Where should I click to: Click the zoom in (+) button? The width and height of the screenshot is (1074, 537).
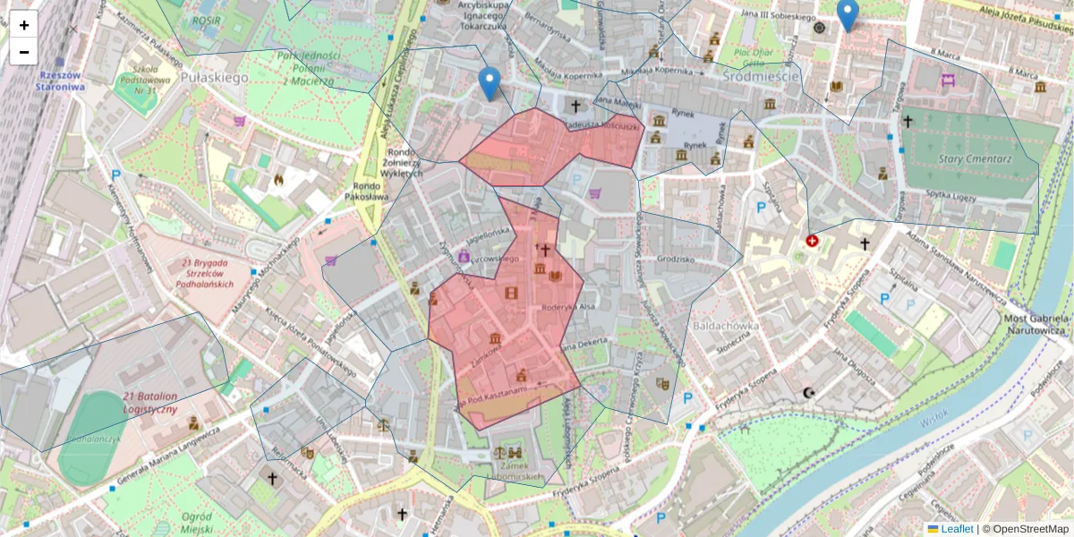pyautogui.click(x=24, y=25)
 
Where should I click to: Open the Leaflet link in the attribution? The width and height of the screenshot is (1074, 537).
pyautogui.click(x=956, y=529)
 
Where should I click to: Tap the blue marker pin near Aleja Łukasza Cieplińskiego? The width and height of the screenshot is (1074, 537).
pyautogui.click(x=489, y=83)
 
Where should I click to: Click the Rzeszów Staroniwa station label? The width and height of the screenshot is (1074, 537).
pyautogui.click(x=61, y=81)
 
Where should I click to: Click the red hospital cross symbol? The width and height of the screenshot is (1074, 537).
pyautogui.click(x=813, y=241)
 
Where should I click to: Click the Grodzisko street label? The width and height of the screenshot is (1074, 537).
pyautogui.click(x=675, y=259)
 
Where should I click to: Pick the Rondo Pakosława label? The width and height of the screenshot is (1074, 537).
pyautogui.click(x=366, y=190)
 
